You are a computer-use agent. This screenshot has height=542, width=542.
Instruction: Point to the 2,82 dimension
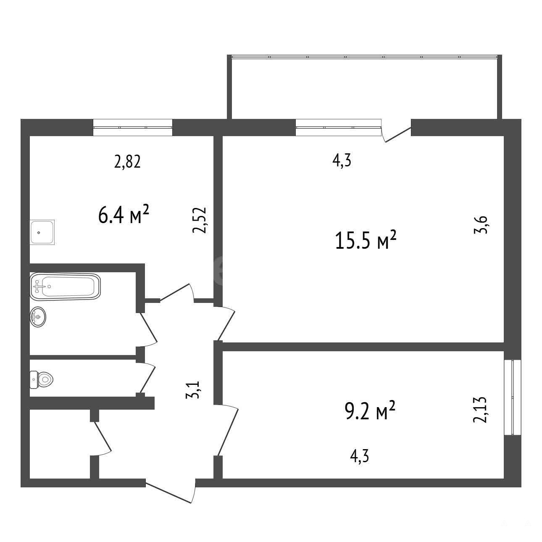tap(127, 162)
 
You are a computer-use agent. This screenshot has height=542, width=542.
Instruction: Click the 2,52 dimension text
tap(200, 220)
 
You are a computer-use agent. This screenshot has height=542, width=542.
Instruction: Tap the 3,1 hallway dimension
tap(193, 390)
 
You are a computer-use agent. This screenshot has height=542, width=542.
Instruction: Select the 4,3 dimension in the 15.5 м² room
tap(342, 161)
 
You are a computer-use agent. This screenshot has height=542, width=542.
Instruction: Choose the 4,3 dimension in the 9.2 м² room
tap(359, 464)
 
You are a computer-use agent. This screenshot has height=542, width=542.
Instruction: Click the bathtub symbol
tap(65, 286)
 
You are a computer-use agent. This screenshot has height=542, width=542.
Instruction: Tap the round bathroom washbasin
tap(38, 317)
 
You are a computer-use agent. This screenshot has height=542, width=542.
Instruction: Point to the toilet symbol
tap(41, 380)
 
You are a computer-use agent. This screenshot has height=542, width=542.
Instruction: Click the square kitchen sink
tap(42, 232)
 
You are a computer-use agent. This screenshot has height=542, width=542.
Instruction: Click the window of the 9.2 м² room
tap(513, 398)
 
